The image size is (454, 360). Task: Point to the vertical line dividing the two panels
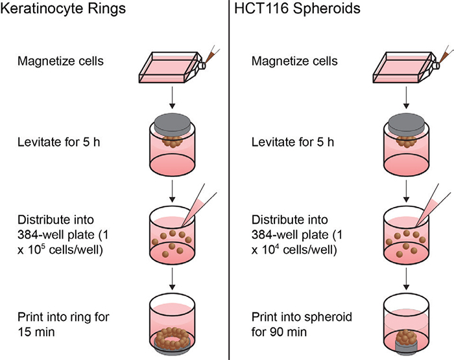coord(230,182)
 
